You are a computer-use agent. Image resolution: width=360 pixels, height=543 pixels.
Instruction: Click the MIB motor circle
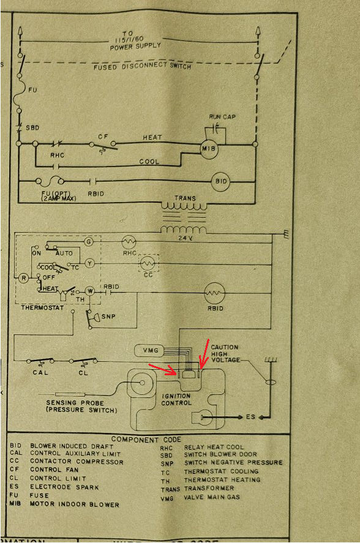209,149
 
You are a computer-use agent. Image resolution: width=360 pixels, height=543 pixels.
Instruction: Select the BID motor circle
220,181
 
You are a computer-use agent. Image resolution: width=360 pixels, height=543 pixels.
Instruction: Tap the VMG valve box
149,351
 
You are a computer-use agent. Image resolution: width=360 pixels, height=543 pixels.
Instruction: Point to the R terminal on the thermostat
23,278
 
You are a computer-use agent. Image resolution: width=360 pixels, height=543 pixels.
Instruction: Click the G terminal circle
89,242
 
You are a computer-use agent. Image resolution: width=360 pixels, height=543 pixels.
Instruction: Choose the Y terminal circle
89,264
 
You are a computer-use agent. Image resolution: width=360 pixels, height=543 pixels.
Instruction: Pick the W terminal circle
90,291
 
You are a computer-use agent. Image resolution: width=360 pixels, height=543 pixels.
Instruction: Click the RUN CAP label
222,117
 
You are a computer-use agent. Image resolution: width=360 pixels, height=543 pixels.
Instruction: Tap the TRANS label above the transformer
185,198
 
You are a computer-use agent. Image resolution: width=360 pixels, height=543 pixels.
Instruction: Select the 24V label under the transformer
186,238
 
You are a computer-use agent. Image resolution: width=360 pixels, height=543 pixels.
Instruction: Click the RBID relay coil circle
214,293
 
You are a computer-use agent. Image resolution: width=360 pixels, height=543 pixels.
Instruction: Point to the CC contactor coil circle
148,263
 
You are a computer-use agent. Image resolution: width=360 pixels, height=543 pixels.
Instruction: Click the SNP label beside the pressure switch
108,316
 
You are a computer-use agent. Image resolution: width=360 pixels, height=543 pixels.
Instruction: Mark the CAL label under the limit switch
40,373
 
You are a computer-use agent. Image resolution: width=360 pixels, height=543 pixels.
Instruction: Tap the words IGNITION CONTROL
176,399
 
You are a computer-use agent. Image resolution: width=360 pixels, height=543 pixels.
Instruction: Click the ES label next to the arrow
250,417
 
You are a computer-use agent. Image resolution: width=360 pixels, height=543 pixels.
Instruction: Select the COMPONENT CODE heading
146,440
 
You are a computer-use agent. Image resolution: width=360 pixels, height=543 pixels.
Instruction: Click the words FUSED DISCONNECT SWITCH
142,66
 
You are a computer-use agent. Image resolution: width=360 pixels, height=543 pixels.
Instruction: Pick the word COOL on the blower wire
149,162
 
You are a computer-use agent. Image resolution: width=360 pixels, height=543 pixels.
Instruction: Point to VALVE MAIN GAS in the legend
212,497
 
